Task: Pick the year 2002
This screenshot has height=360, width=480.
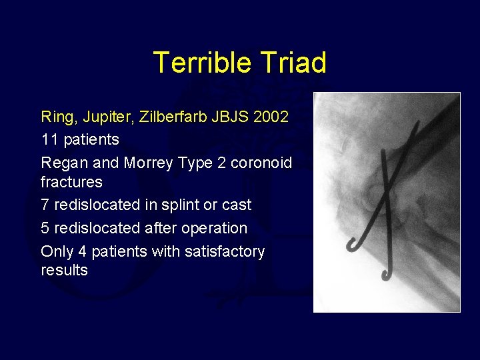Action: [275, 117]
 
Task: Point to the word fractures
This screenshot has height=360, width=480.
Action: [71, 182]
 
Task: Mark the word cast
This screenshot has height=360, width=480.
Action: [237, 205]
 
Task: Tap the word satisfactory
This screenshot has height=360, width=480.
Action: [227, 251]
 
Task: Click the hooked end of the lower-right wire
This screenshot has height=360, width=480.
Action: [386, 275]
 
